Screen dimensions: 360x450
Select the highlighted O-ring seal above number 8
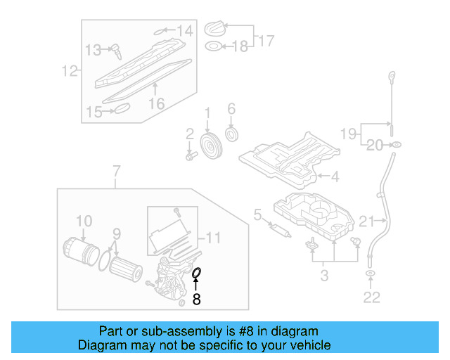(x=197, y=272)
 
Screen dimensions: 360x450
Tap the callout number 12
(x=68, y=70)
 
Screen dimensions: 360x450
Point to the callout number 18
(x=240, y=46)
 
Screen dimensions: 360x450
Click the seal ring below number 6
(x=231, y=134)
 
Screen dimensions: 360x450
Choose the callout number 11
(x=213, y=238)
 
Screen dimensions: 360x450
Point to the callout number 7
(x=117, y=169)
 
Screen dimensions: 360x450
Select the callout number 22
(x=371, y=297)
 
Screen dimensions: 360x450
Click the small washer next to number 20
(x=396, y=145)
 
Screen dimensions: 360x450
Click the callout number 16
(x=156, y=103)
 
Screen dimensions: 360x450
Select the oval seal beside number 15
(x=122, y=108)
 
